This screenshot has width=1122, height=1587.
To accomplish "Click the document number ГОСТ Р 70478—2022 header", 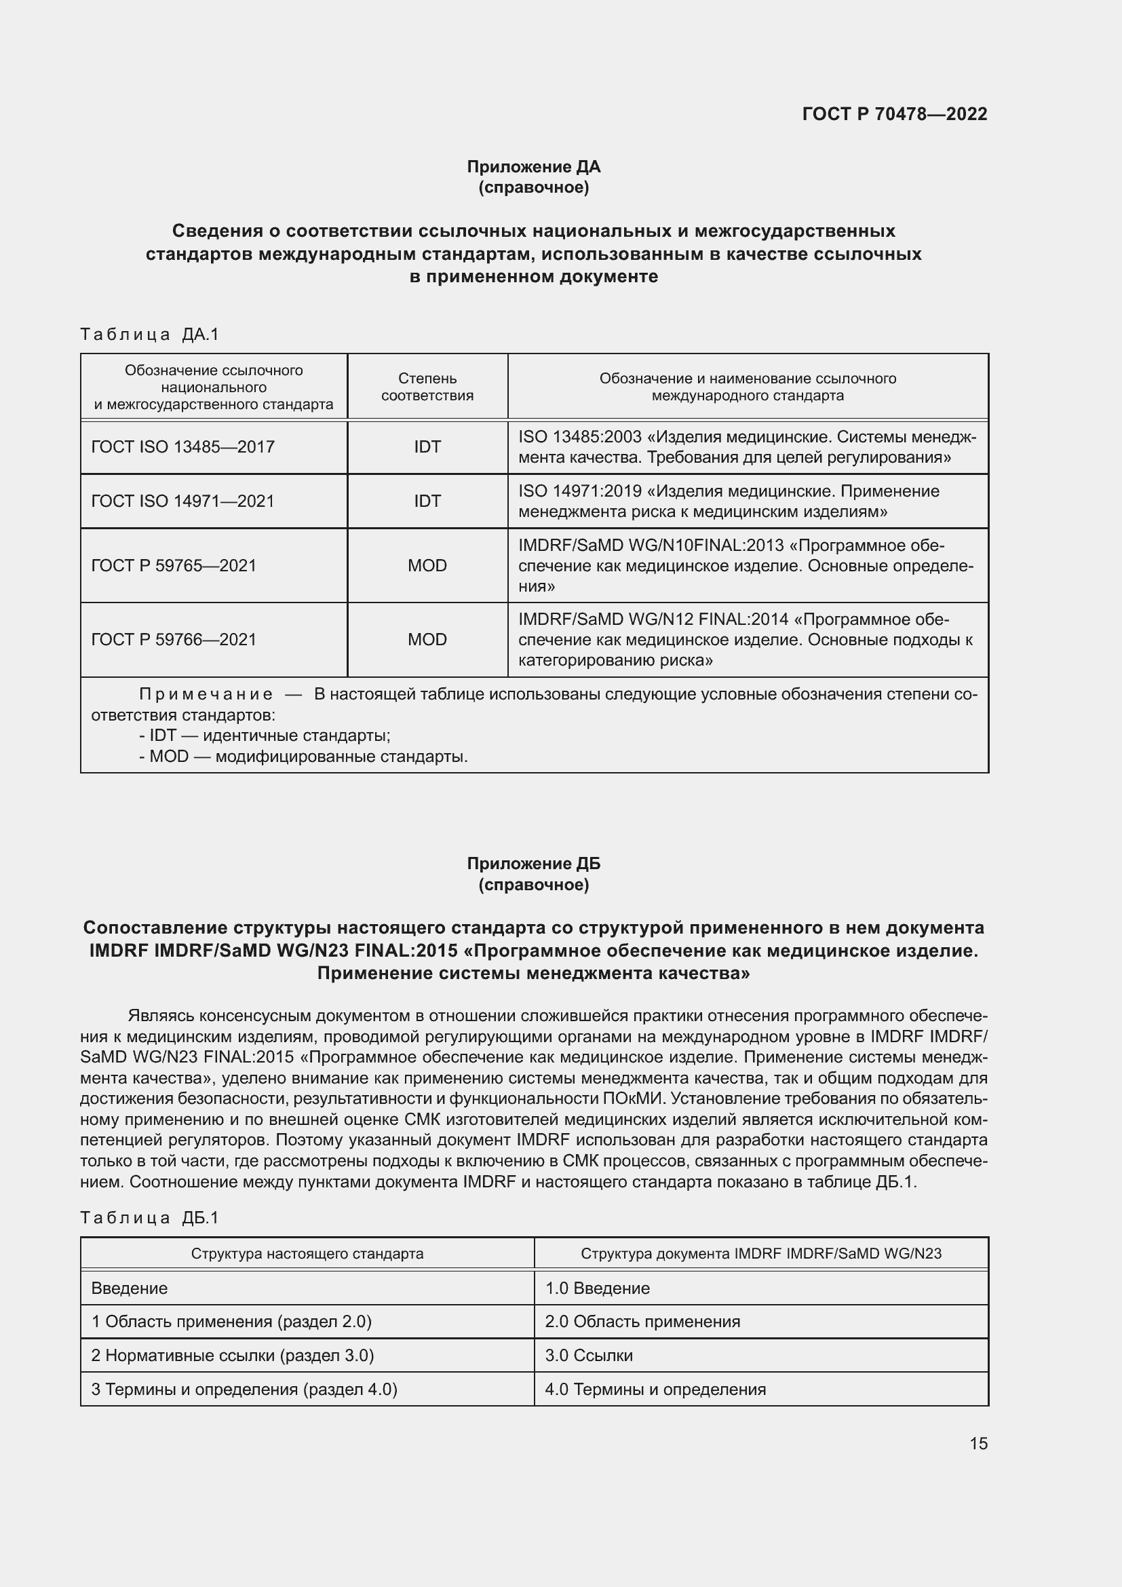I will [894, 114].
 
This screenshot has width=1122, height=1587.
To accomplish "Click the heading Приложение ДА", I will [533, 167].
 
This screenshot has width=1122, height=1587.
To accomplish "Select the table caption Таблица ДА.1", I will [149, 334].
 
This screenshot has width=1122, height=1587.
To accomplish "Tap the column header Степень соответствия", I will [427, 387].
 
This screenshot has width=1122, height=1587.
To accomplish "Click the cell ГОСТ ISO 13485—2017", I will [183, 447].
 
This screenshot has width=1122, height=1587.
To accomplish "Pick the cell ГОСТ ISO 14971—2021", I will [183, 501].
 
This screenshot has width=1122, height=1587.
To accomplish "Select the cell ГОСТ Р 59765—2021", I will [174, 566].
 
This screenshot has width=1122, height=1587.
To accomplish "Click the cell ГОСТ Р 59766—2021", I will [174, 640].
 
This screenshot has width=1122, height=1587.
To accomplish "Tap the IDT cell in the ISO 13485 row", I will [427, 447].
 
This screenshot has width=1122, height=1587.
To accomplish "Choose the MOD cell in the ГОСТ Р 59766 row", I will [427, 640].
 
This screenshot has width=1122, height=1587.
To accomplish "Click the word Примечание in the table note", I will [206, 694].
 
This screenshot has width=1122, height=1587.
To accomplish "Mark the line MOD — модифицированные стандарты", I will [304, 756].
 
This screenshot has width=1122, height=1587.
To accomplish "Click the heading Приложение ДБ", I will [533, 864].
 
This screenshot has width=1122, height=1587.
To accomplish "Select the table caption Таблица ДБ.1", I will [149, 1218].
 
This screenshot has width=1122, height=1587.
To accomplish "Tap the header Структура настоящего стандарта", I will [307, 1254].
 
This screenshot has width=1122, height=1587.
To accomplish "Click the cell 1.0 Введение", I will [597, 1288].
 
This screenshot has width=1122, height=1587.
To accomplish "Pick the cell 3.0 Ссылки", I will [589, 1356].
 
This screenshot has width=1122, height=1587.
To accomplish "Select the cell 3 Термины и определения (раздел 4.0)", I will [245, 1390].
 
